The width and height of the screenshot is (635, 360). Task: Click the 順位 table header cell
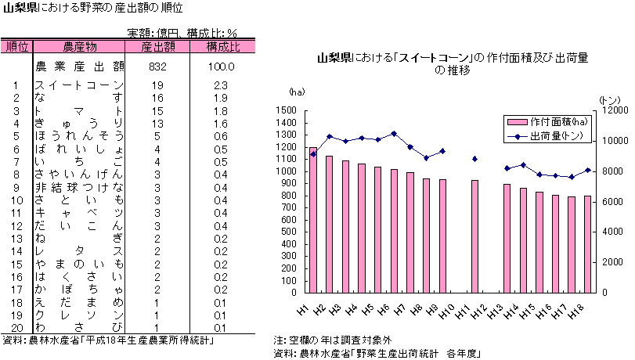(16, 47)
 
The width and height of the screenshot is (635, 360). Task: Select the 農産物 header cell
(79, 47)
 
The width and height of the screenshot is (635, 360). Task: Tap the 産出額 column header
(157, 47)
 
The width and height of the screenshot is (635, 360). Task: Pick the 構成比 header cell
(222, 47)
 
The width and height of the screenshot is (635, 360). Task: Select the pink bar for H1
(313, 219)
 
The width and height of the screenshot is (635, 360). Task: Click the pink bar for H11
(474, 236)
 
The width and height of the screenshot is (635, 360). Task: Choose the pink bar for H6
(394, 230)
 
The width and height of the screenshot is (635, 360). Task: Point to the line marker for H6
(394, 134)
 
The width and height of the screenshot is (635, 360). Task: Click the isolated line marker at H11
(474, 159)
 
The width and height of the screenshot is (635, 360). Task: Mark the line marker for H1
(313, 154)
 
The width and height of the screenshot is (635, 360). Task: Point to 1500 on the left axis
(286, 110)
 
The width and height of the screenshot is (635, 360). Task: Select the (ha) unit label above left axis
(297, 93)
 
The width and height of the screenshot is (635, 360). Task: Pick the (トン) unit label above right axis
(609, 99)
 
